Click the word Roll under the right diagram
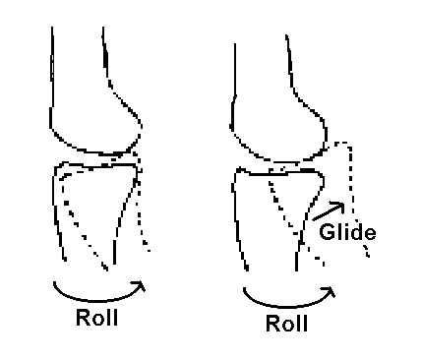[x=287, y=324]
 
